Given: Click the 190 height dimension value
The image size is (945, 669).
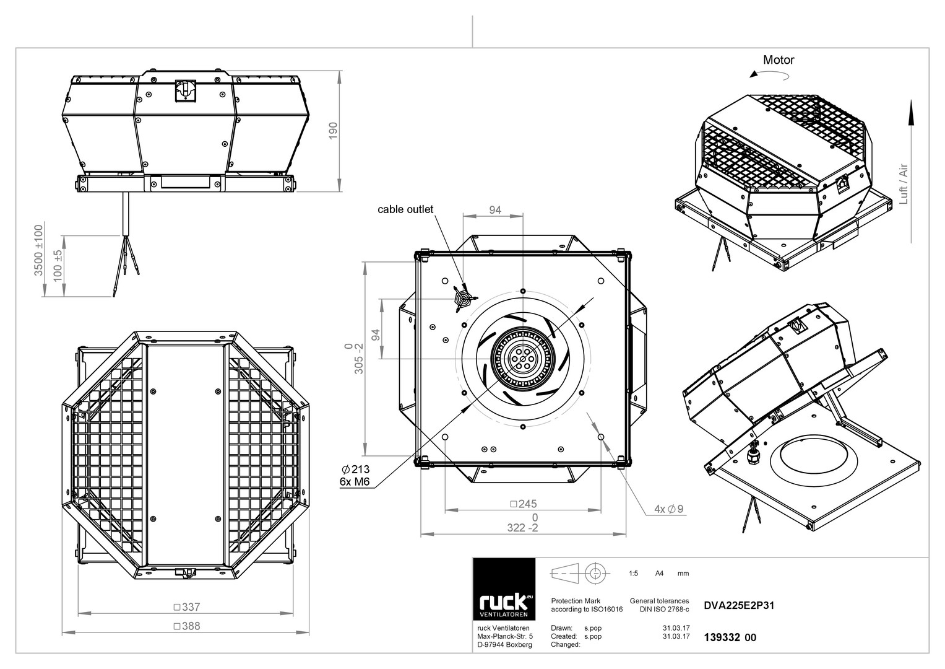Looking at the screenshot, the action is (x=334, y=131).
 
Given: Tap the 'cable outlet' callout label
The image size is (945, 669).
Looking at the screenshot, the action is (x=405, y=209).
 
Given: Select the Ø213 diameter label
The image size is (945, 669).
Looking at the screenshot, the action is (x=356, y=470).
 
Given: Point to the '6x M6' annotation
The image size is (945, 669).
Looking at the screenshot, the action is (x=355, y=481).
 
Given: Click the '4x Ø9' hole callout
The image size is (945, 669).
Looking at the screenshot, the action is (x=668, y=509).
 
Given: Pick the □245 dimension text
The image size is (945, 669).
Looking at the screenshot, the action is (x=523, y=504).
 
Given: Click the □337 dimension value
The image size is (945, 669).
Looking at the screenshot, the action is (x=187, y=607).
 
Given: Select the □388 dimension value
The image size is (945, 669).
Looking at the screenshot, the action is (x=187, y=626).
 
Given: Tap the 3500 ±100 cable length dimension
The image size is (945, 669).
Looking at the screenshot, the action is (x=38, y=250).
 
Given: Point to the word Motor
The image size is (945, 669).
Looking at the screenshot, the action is (x=779, y=60).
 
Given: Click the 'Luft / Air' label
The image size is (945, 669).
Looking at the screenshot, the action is (x=904, y=184).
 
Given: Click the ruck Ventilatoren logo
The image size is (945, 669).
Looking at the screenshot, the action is (x=504, y=589).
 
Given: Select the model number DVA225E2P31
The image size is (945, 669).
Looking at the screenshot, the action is (x=739, y=606).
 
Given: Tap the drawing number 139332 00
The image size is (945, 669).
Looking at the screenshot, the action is (x=730, y=638).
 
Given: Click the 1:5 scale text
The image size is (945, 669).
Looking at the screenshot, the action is (x=633, y=574).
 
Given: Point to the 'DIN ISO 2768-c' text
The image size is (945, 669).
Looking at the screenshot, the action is (x=664, y=610).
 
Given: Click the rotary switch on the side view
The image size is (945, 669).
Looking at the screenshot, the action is (x=186, y=90).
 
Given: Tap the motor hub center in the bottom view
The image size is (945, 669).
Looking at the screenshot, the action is (x=523, y=359).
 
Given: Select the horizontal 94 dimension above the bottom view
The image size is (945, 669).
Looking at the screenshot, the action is (x=495, y=210).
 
